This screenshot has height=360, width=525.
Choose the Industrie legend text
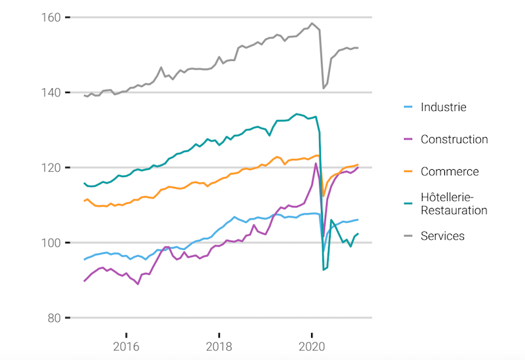coord(444,107)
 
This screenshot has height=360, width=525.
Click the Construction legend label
coord(454,139)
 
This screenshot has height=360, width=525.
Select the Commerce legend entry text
coord(450,172)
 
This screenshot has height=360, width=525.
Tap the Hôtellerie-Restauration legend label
coord(454,204)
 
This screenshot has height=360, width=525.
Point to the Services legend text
coord(442,236)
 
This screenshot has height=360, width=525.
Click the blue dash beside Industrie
coord(407,107)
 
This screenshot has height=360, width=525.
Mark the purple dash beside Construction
coord(407,139)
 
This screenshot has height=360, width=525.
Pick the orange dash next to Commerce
coord(407,172)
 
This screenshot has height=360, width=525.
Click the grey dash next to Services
coord(407,236)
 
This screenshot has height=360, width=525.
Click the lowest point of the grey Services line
coord(324,88)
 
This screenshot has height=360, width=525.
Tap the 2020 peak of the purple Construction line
coord(316,163)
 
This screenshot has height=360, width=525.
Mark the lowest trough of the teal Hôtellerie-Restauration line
coord(324,270)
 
